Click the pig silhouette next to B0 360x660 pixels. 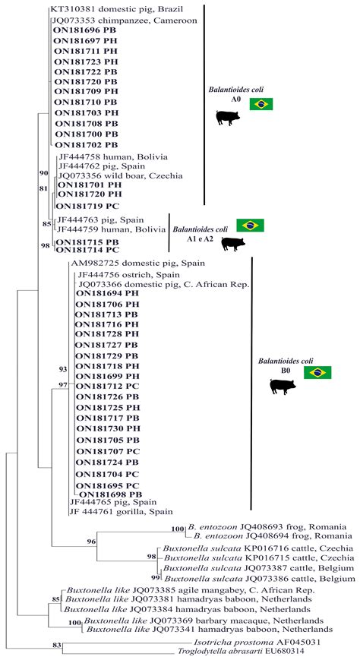[283, 386]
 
